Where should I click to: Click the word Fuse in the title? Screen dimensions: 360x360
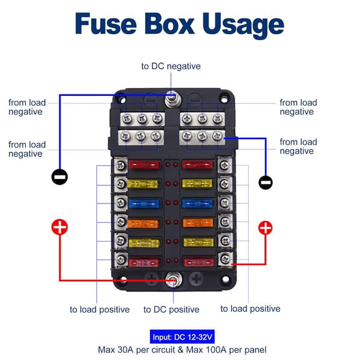coord(106,24)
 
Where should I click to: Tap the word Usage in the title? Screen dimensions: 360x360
coord(244,26)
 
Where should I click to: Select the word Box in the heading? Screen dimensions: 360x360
coord(169,24)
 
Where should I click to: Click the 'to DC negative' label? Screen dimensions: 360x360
coord(171,67)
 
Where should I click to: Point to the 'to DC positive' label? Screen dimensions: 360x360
coord(171,310)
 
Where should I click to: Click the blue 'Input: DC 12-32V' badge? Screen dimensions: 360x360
coord(182,337)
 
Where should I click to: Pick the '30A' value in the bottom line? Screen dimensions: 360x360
coord(125,350)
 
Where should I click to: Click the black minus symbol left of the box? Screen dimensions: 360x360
coord(59,177)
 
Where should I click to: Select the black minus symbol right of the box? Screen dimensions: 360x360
coord(266,182)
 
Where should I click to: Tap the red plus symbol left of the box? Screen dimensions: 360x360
coord(59,227)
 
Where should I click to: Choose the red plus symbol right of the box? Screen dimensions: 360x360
coord(265,228)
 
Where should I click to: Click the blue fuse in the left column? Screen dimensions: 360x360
coord(144,203)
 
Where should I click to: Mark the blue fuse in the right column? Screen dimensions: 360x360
coord(198,203)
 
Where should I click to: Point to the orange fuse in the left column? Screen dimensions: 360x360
coord(143,224)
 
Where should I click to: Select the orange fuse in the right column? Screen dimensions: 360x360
coord(198,223)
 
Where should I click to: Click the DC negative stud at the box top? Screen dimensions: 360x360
coord(173,100)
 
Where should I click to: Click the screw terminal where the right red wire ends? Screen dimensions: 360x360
coord(225,259)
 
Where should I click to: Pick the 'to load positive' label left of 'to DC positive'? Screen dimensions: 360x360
coord(100,310)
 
